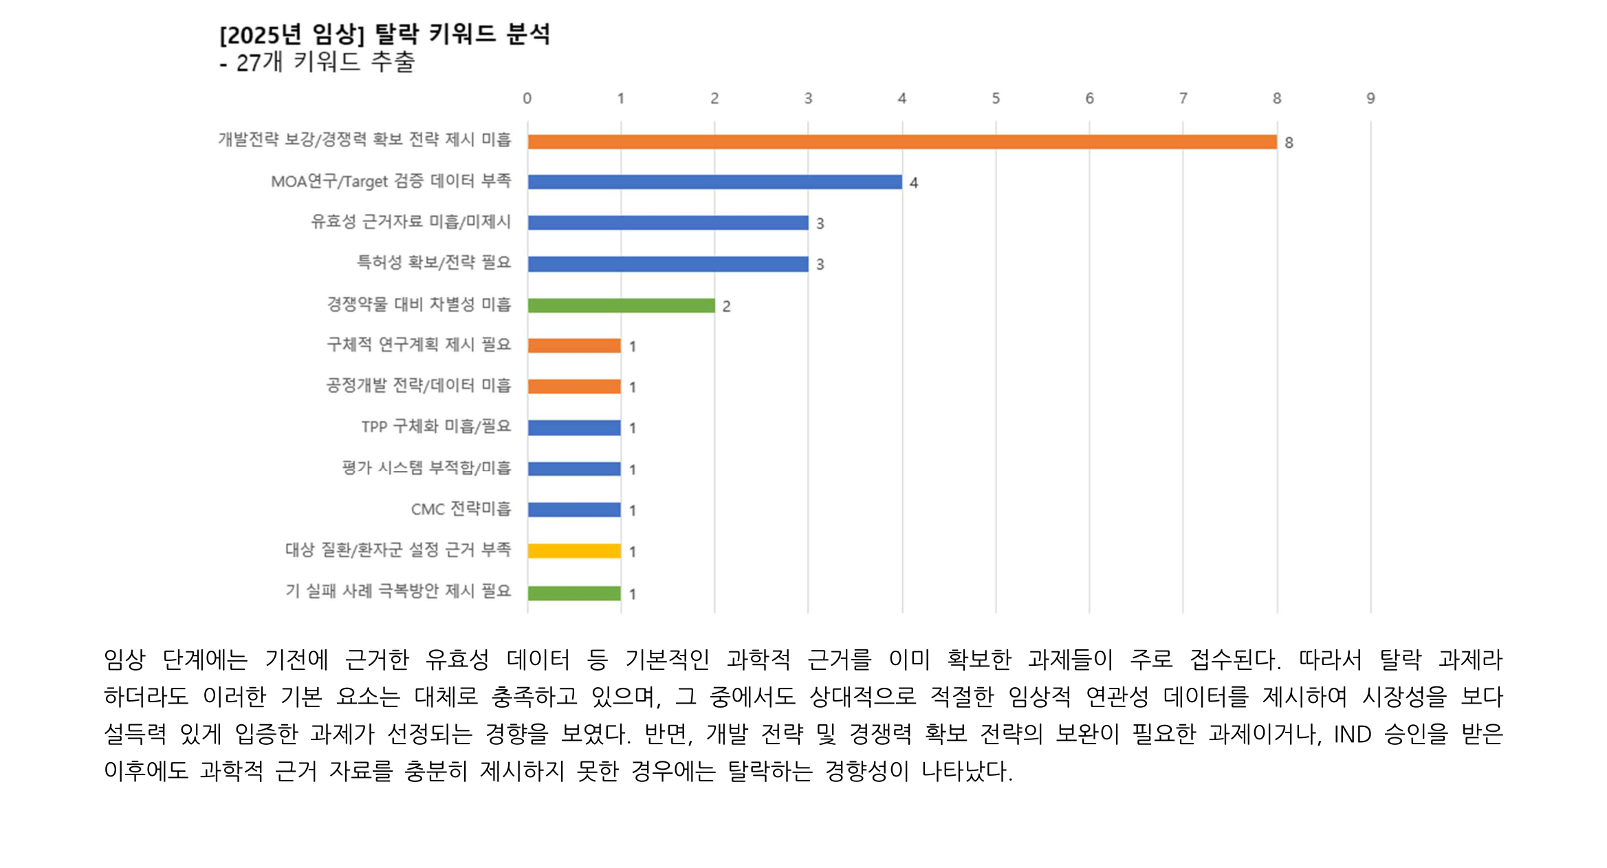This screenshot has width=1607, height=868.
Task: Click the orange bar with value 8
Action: coord(901,142)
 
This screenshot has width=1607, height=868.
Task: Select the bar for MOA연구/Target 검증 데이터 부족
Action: coord(714,182)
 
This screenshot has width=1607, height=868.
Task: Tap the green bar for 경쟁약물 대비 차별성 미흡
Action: coord(621,305)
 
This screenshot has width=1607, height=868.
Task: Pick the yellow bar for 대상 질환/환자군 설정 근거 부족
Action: coord(574,551)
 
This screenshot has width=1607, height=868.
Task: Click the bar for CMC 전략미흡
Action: coord(574,510)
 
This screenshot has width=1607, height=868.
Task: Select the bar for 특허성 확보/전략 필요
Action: coord(668,264)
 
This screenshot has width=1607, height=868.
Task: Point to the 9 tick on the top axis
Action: coord(1370,98)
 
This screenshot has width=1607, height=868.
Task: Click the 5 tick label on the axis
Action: coord(996,98)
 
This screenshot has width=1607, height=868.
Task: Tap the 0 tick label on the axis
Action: coord(527,98)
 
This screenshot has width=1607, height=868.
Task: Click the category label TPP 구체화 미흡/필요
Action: coord(436,426)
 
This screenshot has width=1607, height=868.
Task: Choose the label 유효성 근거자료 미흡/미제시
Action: coord(411,221)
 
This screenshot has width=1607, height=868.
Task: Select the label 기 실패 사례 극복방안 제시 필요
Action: coord(398,591)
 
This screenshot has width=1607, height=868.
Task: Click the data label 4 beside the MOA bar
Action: coord(914,183)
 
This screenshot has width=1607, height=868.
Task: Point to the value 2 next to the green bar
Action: coord(726,307)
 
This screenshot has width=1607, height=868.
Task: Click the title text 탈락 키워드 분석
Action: coord(461,34)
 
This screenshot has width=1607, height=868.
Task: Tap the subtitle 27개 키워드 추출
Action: coord(325,63)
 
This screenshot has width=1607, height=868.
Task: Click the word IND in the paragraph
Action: coord(1352,735)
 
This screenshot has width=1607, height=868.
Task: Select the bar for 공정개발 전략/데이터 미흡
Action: coord(574,387)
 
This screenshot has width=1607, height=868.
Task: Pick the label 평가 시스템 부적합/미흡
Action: coord(426,468)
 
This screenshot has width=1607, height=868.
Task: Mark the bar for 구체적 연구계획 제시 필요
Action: coord(574,346)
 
